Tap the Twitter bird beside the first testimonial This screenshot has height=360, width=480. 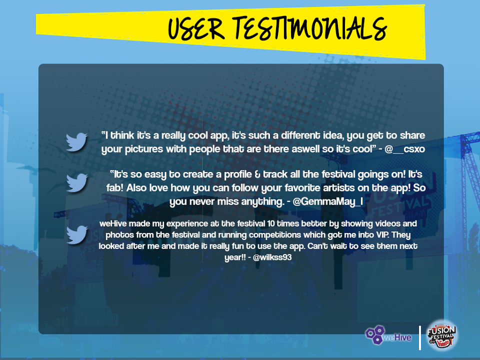coord(77,141)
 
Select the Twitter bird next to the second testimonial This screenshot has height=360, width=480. coord(77,182)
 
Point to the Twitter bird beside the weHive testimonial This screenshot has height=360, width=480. coord(77,234)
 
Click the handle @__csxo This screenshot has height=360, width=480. coord(404,149)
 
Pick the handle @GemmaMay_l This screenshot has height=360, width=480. coord(328,201)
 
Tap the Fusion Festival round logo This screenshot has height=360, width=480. coord(441,335)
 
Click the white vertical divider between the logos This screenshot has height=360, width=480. coord(420,337)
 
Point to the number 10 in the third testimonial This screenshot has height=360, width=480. coord(271,223)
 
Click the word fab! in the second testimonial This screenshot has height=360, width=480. coord(115,187)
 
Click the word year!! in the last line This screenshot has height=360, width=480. coord(235,257)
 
